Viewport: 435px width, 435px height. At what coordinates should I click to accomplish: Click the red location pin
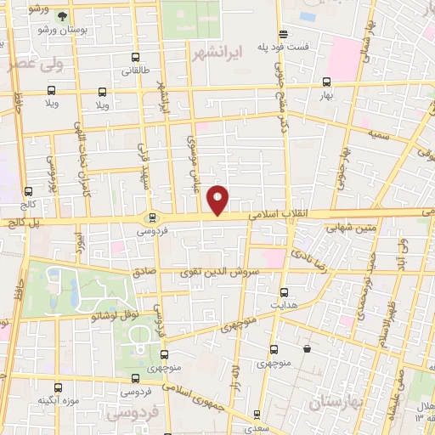(x=218, y=201)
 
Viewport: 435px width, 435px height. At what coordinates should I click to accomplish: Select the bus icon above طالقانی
(x=136, y=58)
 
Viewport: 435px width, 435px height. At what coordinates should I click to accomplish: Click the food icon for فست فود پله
(x=283, y=35)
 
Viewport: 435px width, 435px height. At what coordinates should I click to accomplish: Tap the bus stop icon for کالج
(x=29, y=192)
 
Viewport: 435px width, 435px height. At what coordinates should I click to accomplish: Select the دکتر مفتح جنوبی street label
(x=280, y=93)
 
